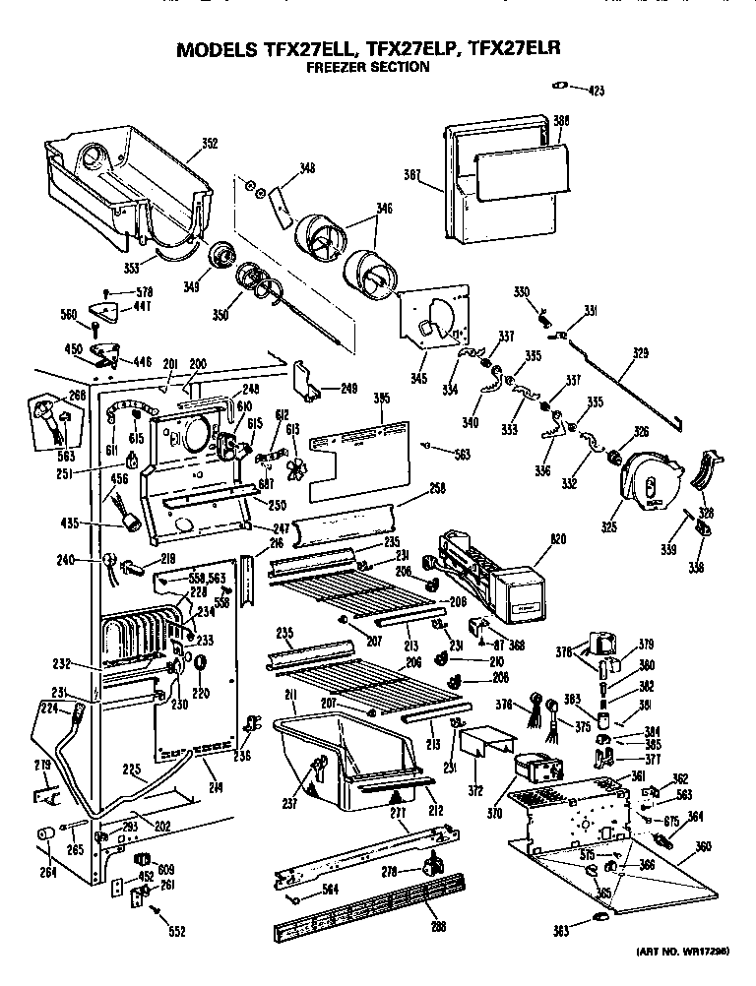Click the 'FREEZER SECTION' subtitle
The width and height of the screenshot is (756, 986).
pyautogui.click(x=367, y=68)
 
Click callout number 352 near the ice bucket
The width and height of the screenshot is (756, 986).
pyautogui.click(x=209, y=144)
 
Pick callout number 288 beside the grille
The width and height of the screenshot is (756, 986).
pyautogui.click(x=434, y=926)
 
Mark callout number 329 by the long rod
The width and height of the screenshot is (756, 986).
pyautogui.click(x=641, y=351)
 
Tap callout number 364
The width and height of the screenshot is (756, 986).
pyautogui.click(x=695, y=815)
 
